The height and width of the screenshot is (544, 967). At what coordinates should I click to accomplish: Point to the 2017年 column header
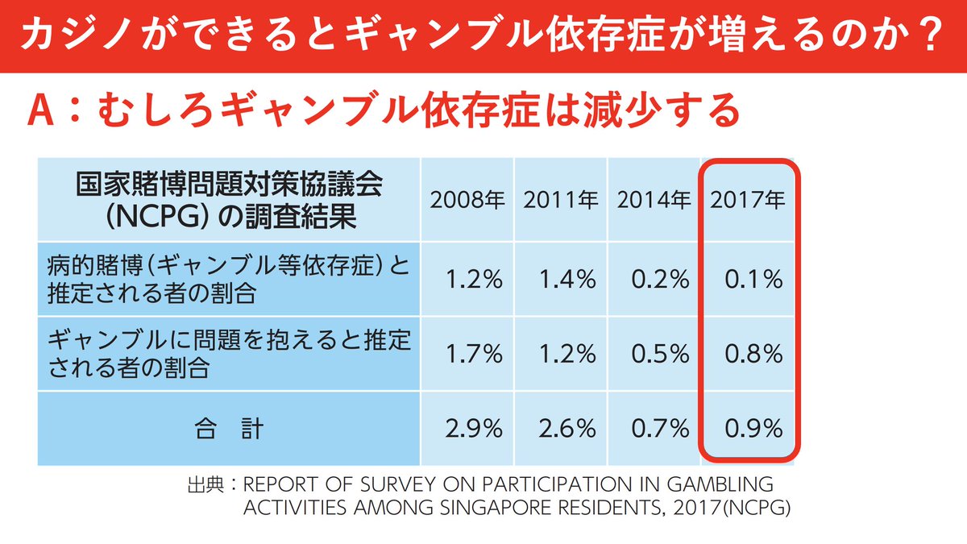(747, 199)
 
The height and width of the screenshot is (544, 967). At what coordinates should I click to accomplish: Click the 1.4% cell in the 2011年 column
(568, 280)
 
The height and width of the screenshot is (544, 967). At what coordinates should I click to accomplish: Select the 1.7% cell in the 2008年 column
(475, 354)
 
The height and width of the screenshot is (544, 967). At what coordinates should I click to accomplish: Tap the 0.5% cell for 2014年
(662, 354)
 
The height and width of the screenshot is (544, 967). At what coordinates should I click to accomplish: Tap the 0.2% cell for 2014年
(662, 280)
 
